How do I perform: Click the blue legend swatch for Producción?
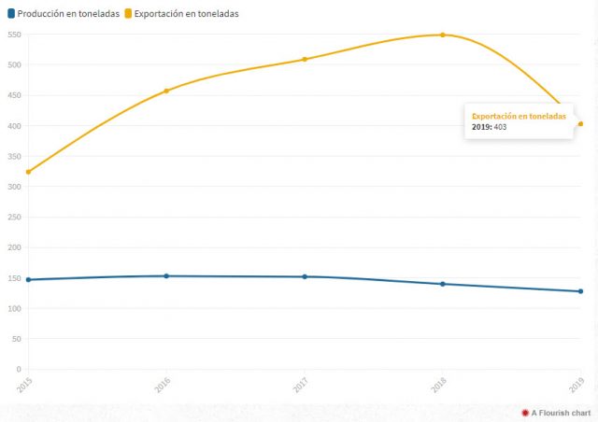click(x=10, y=14)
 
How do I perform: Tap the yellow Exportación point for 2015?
click(x=28, y=172)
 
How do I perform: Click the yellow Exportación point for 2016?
click(x=166, y=91)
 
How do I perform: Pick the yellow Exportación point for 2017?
click(x=305, y=60)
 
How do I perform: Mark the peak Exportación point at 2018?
click(x=443, y=35)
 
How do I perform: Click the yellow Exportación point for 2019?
click(x=580, y=124)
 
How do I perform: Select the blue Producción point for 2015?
click(x=28, y=279)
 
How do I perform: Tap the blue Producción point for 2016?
click(x=166, y=275)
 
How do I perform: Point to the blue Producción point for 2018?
click(x=443, y=284)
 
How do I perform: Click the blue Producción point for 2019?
click(x=580, y=291)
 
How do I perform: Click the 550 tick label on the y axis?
click(x=13, y=35)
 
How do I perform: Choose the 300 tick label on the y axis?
click(x=13, y=187)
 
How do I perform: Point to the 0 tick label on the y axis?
click(x=18, y=370)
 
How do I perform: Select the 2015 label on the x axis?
click(x=23, y=384)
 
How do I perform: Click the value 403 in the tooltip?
click(x=500, y=126)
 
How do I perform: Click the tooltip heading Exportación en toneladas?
click(x=519, y=116)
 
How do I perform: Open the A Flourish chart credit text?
click(x=561, y=412)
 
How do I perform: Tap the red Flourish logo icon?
click(x=525, y=412)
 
